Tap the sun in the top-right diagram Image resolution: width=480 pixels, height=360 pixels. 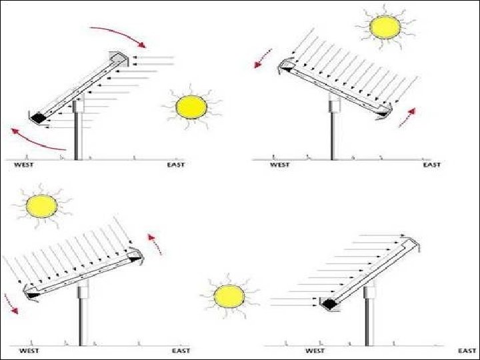point(385,26)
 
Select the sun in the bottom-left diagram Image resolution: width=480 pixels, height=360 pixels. point(42,206)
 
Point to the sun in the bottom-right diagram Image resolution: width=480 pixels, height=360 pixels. point(229,296)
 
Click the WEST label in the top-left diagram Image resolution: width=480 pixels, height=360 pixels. point(25,165)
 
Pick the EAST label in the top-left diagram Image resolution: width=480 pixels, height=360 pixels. point(176,165)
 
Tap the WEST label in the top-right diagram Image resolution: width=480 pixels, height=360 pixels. point(279,165)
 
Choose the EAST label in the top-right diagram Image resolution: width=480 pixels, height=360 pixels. point(432,165)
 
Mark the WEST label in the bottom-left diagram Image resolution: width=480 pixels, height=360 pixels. point(29,350)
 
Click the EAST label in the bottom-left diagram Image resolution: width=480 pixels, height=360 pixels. point(181,350)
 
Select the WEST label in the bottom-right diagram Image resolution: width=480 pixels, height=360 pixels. point(315,350)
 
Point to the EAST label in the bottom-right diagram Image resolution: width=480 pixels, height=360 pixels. point(467,350)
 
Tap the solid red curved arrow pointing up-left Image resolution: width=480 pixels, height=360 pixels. point(37,140)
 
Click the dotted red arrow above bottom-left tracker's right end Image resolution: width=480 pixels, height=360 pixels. point(155,243)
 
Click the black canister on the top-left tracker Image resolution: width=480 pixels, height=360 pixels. point(38,117)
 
